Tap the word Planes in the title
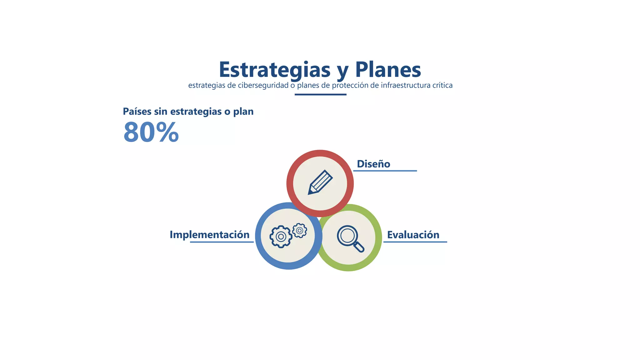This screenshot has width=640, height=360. [388, 70]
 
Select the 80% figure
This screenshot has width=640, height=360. [151, 132]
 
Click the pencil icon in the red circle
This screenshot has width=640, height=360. [320, 182]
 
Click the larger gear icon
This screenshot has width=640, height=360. [281, 237]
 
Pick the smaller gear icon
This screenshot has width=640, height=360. [299, 231]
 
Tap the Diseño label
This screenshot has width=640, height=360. [373, 164]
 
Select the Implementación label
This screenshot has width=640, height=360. [209, 235]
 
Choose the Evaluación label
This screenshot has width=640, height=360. [413, 235]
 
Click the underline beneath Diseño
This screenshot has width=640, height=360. [385, 171]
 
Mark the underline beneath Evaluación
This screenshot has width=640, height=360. [415, 242]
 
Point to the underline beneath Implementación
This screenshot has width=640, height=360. [222, 242]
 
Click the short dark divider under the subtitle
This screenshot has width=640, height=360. [320, 94]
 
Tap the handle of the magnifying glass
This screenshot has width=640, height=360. [359, 247]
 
